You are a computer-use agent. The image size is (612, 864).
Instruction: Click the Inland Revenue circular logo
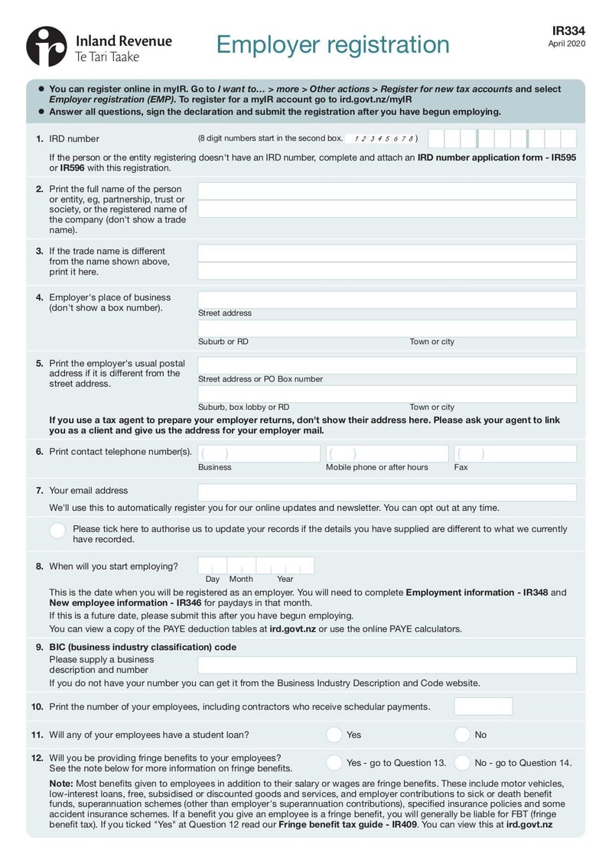(47, 46)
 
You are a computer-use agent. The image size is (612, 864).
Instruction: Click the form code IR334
(568, 31)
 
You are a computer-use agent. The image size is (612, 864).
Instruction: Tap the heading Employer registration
(332, 45)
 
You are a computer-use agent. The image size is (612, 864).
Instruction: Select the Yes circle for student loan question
(334, 735)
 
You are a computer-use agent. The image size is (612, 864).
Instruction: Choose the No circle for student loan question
(461, 735)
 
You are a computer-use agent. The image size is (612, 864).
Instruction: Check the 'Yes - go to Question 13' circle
(334, 762)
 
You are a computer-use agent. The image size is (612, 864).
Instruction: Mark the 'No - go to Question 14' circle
(461, 762)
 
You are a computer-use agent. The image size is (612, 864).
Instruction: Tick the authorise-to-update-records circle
(57, 531)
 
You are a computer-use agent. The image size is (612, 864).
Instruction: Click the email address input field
(387, 492)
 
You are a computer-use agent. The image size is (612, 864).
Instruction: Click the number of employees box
(483, 706)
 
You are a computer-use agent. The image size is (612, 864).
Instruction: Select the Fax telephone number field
(515, 454)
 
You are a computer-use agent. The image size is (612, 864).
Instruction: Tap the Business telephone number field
(259, 454)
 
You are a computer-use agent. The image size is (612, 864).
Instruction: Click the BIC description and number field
(387, 664)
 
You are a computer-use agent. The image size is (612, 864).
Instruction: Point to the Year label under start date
(285, 579)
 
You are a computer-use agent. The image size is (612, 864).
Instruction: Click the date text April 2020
(566, 44)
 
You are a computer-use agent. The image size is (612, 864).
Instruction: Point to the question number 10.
(37, 706)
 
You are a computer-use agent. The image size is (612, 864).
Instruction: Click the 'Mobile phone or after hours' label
(376, 467)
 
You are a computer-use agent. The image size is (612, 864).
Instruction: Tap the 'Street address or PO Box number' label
(260, 379)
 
